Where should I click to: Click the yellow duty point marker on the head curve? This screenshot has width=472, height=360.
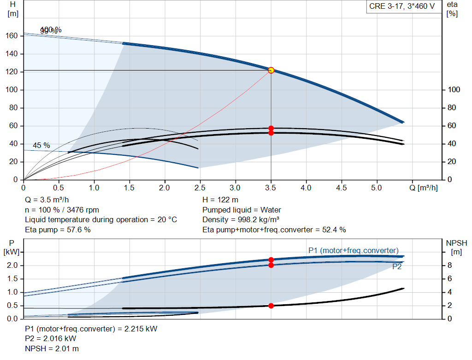(x=271, y=70)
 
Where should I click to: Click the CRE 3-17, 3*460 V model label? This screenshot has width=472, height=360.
(x=402, y=7)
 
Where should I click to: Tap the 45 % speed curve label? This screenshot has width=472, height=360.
(x=41, y=146)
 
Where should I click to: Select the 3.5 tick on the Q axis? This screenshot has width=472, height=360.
(x=271, y=188)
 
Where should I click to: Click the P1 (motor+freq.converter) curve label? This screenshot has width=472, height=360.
(x=353, y=250)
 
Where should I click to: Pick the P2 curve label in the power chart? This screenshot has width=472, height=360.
(x=397, y=266)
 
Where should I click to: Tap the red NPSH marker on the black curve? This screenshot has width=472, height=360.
(x=271, y=306)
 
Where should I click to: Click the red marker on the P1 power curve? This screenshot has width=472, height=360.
(x=271, y=260)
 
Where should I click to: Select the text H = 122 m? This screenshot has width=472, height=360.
(x=221, y=200)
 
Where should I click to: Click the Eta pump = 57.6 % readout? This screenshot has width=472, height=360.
(x=58, y=230)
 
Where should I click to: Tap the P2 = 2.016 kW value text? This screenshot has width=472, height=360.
(x=51, y=339)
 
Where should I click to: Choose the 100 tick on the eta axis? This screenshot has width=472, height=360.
(x=454, y=90)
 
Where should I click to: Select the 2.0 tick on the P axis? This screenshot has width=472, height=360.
(x=12, y=266)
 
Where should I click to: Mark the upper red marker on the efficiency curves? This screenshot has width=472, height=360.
(x=271, y=128)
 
